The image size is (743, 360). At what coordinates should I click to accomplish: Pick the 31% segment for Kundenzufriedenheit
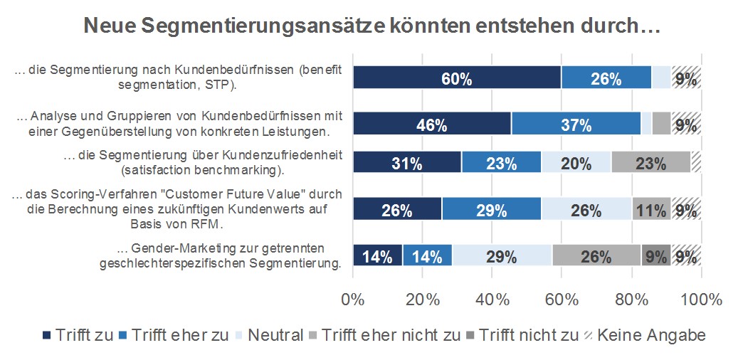(407, 162)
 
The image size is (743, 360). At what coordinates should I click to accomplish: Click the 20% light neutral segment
(576, 162)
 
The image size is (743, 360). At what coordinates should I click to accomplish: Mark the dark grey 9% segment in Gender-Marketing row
(655, 255)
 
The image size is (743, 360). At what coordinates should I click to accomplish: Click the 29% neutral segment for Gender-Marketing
(502, 255)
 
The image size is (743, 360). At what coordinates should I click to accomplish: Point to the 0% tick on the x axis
(353, 299)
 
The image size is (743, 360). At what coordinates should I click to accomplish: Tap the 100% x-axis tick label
(701, 299)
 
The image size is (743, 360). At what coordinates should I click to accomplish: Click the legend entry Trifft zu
(78, 335)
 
